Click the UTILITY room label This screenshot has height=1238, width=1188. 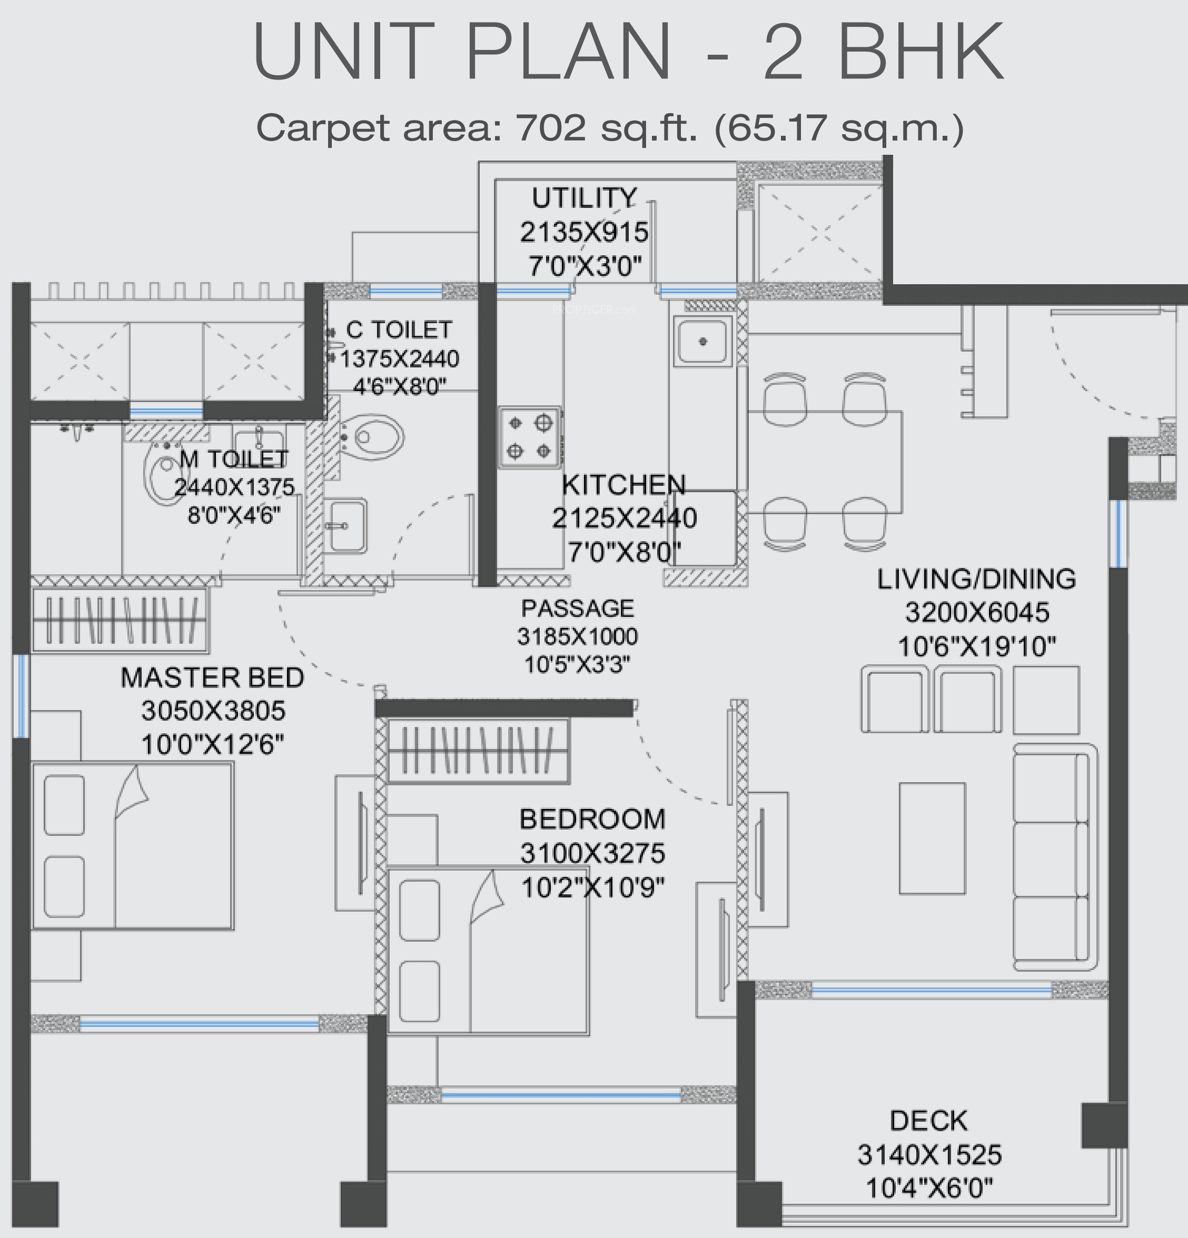tap(584, 198)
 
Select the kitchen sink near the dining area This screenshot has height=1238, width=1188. tap(702, 341)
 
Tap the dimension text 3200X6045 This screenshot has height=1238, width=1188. tap(977, 612)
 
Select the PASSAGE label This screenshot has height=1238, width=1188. tap(578, 608)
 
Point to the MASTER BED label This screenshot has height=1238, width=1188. tap(212, 678)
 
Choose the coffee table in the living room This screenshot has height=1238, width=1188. tap(932, 838)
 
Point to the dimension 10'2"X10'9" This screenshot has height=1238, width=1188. tap(593, 888)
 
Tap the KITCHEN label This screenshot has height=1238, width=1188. tap(623, 485)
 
